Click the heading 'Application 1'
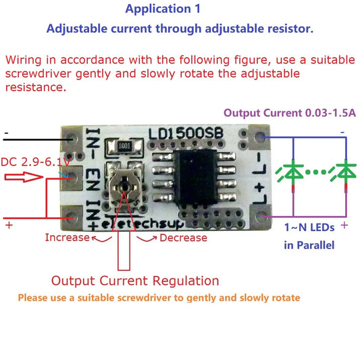(168, 9)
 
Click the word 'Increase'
(67, 237)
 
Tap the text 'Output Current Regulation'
(135, 280)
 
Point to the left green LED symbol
(292, 172)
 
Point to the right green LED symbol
(346, 172)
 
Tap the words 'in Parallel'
(309, 245)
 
